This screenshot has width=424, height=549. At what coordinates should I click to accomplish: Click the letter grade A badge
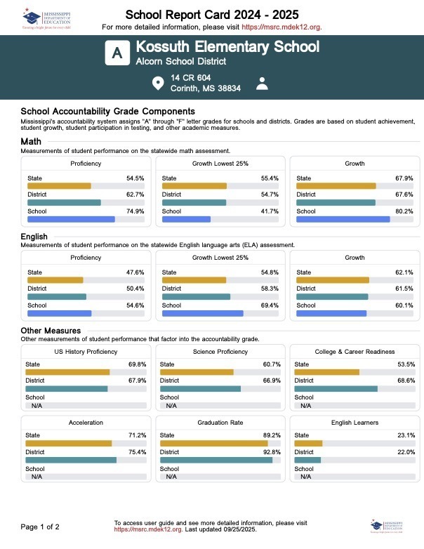[x=118, y=53]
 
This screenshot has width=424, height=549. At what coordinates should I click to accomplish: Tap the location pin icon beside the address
[x=158, y=84]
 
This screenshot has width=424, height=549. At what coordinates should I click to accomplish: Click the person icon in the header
[x=263, y=84]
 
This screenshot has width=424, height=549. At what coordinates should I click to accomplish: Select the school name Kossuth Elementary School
[x=227, y=47]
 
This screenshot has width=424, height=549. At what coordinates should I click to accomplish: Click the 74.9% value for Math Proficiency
[x=135, y=211]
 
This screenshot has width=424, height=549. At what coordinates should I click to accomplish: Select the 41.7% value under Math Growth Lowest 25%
[x=270, y=211]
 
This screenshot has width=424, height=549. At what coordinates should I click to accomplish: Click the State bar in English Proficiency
[x=55, y=280]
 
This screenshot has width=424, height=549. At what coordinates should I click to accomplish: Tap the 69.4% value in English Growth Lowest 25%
[x=270, y=305]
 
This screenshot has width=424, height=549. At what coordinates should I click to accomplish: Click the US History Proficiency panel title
[x=86, y=352]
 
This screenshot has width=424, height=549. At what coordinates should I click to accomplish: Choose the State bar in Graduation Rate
[x=214, y=443]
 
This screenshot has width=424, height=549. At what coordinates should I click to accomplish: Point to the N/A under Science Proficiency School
[x=171, y=406]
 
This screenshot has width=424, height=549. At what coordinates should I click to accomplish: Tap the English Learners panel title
[x=355, y=423]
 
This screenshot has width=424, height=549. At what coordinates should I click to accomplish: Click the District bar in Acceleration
[x=71, y=460]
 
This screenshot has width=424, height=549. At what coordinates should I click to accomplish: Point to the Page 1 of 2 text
[x=40, y=527]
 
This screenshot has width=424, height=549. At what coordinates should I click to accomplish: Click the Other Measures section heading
[x=51, y=331]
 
